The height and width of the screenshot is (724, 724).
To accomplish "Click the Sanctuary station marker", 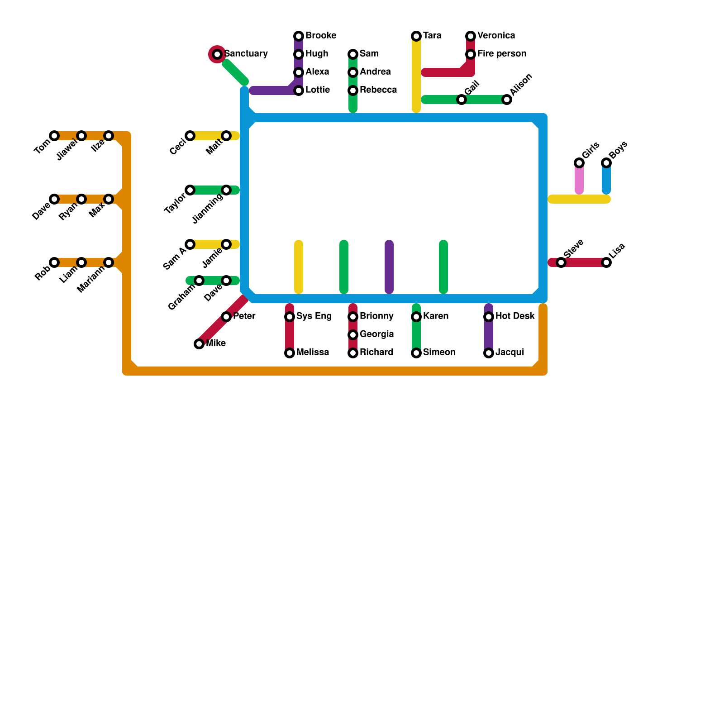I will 217,54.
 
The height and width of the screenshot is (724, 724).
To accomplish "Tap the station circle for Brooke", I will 299,36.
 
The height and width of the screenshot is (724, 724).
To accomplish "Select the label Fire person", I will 501,54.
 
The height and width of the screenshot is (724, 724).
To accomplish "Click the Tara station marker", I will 416,36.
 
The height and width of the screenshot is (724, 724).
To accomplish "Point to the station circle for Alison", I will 507,100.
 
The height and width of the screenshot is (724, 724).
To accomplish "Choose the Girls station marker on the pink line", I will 579,163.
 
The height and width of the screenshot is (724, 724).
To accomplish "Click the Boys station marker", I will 606,163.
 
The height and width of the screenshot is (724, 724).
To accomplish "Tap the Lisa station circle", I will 606,262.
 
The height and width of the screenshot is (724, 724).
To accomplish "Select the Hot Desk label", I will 515,316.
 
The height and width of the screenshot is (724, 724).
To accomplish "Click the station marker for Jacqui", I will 489,353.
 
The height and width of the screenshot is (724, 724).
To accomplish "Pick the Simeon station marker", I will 416,353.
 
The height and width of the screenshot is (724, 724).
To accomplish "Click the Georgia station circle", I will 353,335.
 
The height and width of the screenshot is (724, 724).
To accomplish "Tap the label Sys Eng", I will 314,316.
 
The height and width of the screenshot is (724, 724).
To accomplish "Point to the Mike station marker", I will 199,344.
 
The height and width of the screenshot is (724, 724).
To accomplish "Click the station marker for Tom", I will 54,136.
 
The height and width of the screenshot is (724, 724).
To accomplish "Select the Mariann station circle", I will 109,262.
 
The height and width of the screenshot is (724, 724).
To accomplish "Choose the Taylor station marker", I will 190,190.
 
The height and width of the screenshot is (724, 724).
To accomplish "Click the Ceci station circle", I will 190,136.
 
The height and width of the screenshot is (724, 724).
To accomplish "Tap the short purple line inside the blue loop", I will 389,267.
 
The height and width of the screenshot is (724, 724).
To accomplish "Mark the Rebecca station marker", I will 353,90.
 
